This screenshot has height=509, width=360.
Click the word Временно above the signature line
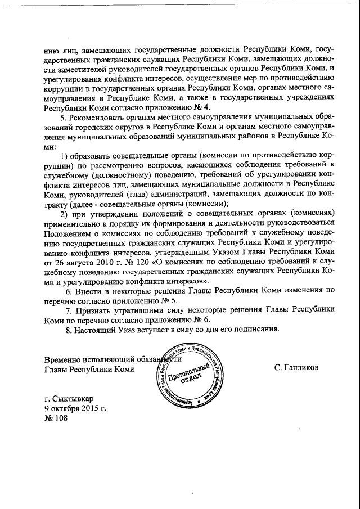(x=64, y=359)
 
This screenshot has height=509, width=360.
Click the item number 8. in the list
(x=69, y=330)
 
